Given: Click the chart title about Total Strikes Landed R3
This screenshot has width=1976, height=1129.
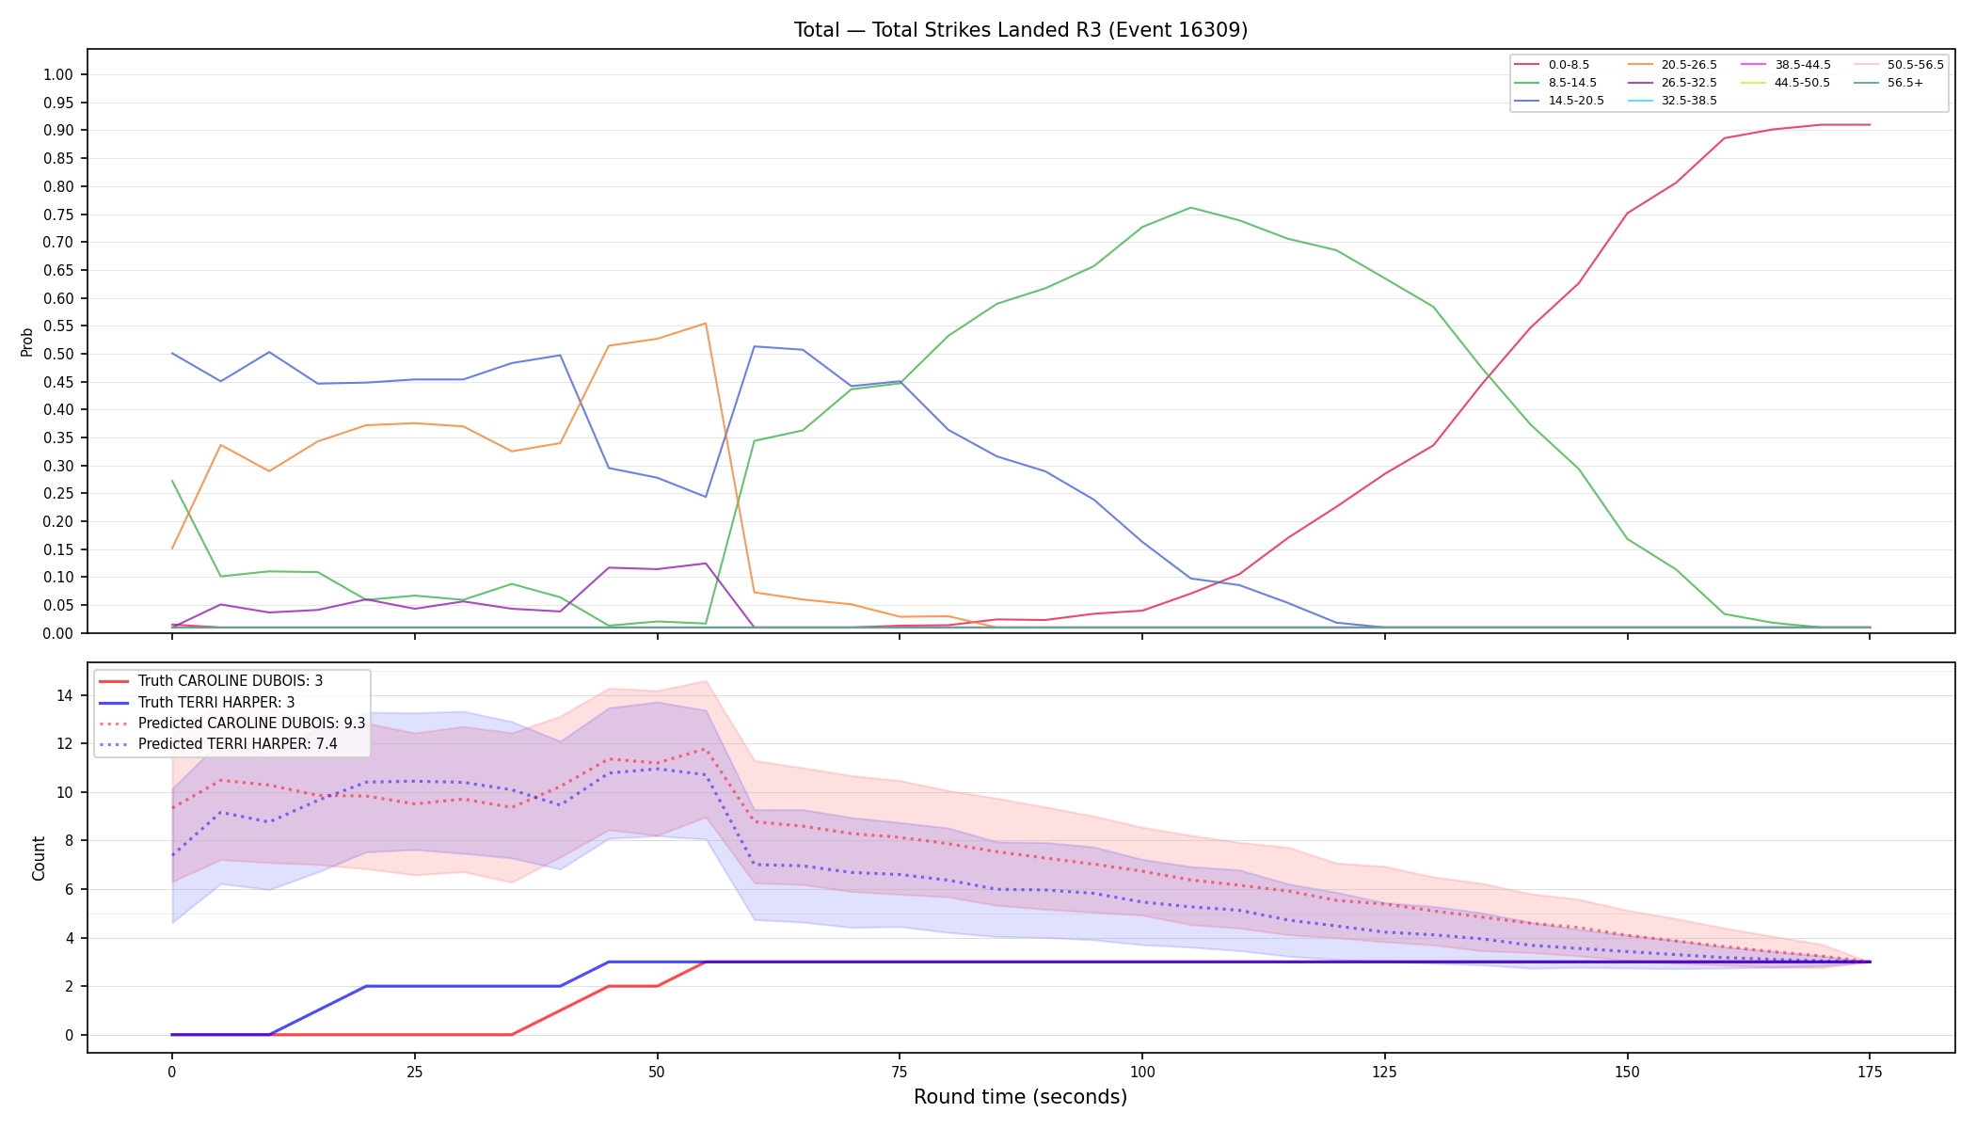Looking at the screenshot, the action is point(1021,30).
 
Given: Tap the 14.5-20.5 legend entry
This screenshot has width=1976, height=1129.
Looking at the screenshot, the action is point(1560,101).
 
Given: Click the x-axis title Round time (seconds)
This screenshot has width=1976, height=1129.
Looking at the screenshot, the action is point(1020,1097).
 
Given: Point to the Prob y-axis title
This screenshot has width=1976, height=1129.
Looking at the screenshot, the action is point(27,342).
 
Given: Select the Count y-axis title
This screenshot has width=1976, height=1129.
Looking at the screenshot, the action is point(39,858).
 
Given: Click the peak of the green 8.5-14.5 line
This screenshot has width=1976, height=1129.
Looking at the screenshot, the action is point(1190,207).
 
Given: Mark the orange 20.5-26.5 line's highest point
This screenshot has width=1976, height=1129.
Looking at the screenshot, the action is point(706,324).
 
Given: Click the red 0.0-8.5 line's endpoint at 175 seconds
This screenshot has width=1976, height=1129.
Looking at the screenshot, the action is point(1870,124).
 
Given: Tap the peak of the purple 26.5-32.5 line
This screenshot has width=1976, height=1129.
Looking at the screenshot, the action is point(706,564).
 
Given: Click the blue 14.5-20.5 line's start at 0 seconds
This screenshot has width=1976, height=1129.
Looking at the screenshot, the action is point(172,353).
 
